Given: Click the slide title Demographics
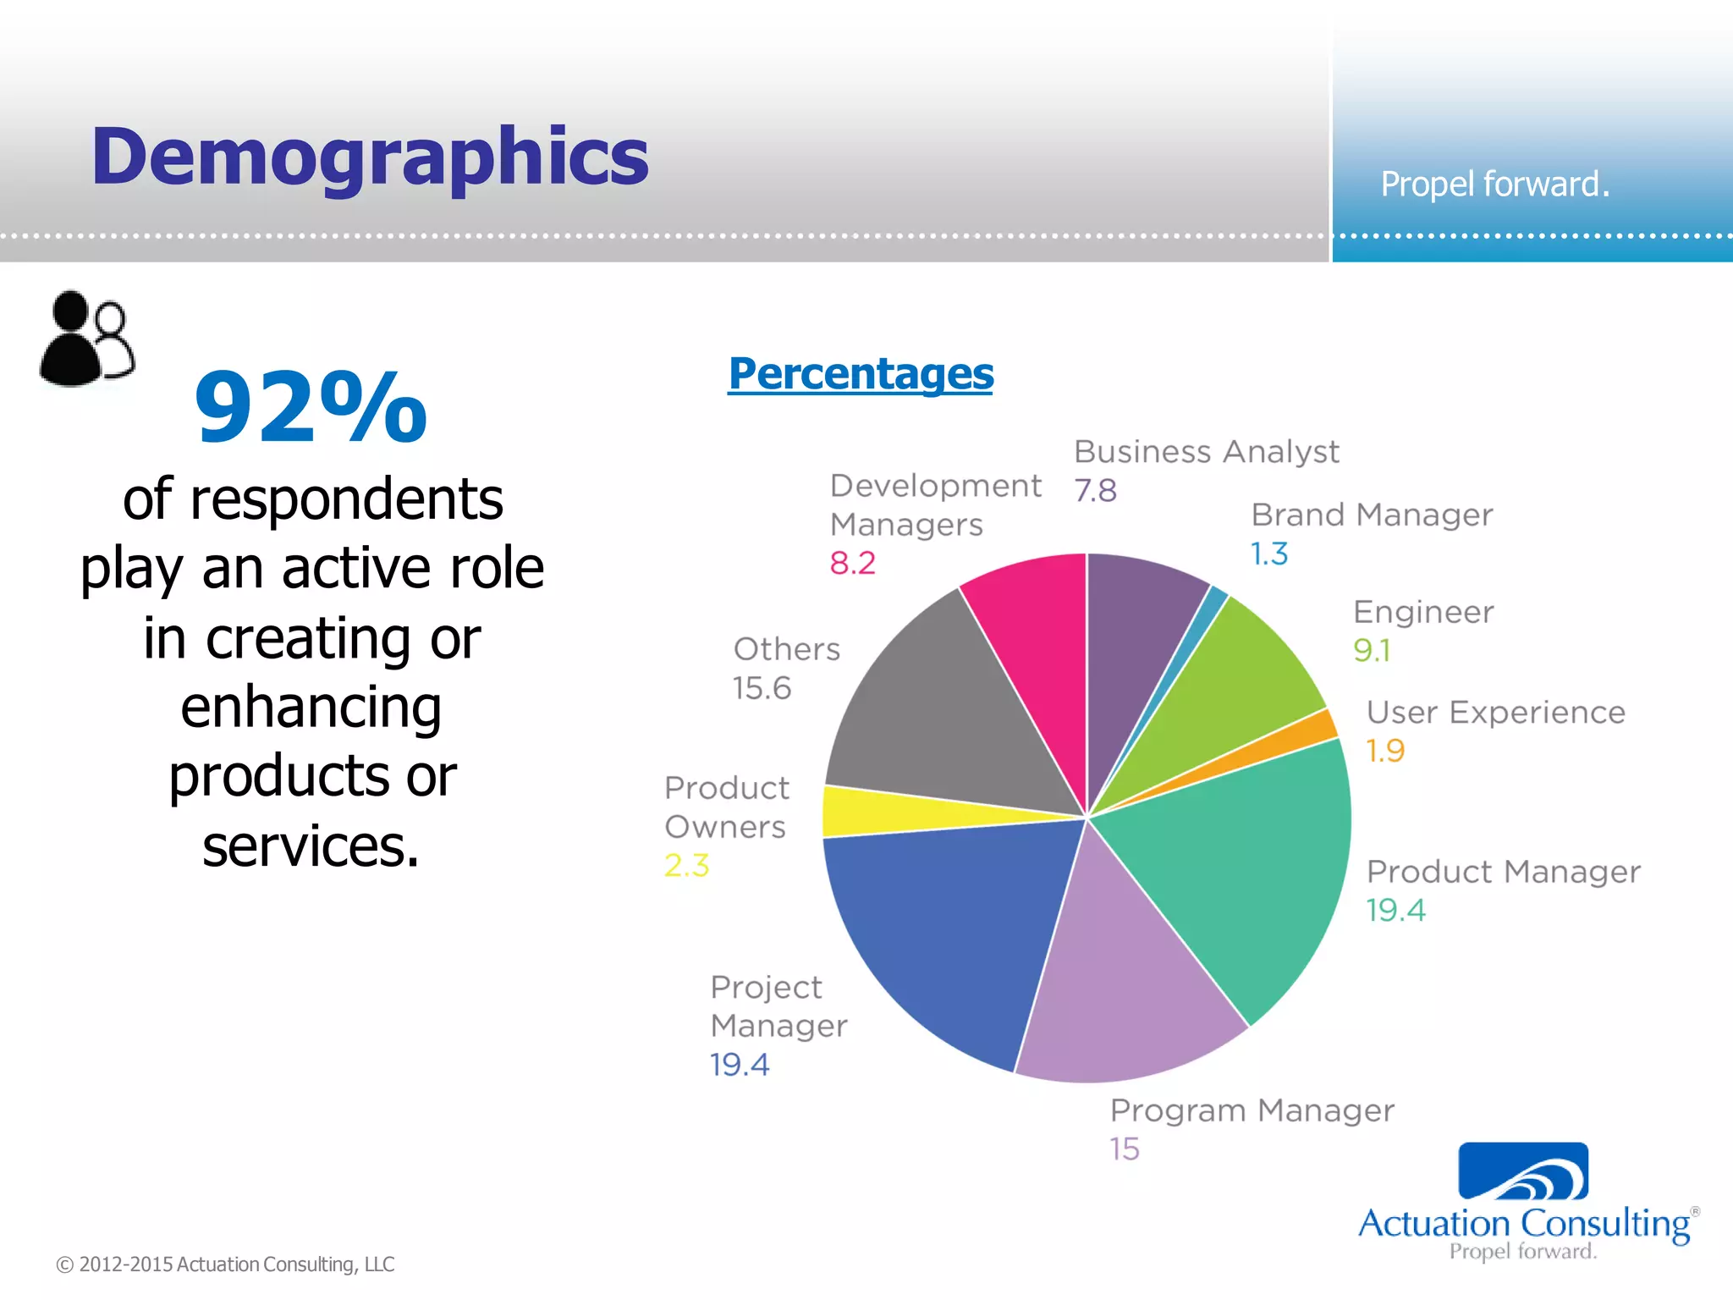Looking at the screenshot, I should point(370,157).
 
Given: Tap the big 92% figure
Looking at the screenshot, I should point(311,408).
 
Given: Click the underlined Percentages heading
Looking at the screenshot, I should point(861,373).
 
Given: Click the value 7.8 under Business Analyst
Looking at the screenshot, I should point(1095,491).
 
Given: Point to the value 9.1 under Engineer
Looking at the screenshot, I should point(1371,650).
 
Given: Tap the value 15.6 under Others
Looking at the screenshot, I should point(762,688).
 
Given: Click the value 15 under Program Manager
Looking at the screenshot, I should point(1125,1149).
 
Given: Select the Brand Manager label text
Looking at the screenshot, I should point(1372,515).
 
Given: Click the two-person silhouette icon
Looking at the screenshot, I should point(87,339).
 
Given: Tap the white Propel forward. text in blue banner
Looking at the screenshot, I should point(1495,185).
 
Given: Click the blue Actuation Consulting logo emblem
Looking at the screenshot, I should point(1523,1171).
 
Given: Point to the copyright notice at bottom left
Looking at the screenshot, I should point(225,1264).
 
